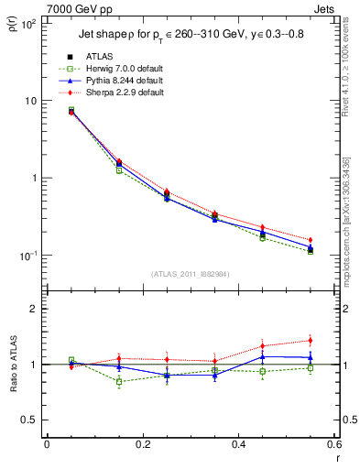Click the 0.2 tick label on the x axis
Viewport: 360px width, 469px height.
(x=142, y=444)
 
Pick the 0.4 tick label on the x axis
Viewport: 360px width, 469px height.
(x=238, y=444)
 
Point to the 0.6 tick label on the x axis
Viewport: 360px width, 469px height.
(x=333, y=444)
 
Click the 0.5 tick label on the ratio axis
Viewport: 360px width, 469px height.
(x=30, y=420)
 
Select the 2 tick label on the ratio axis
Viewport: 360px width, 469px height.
(x=33, y=310)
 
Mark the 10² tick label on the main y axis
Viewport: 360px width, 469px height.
(x=27, y=24)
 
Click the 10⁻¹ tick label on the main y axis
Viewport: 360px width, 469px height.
(x=27, y=256)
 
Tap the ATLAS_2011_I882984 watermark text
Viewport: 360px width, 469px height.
(x=190, y=274)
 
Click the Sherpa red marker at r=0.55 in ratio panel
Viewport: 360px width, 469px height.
(x=311, y=340)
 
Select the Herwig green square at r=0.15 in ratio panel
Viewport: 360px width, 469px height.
(x=119, y=381)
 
